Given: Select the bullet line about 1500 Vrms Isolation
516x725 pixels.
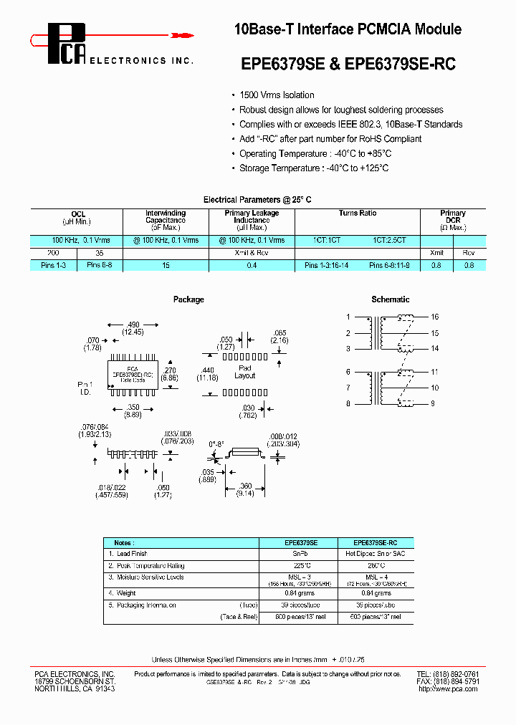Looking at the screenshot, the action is [x=277, y=95].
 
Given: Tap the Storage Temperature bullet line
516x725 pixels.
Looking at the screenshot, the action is [x=314, y=168].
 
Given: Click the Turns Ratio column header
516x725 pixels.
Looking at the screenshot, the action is [x=358, y=213].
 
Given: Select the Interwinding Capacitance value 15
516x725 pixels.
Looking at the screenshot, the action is [x=166, y=266].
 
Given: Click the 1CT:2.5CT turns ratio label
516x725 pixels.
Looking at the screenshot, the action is [x=389, y=241].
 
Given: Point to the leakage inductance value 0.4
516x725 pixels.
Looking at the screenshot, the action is [x=252, y=266].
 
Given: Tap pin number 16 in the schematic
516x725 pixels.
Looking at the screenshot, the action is [x=434, y=317].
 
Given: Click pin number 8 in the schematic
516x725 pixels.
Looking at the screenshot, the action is [x=348, y=404].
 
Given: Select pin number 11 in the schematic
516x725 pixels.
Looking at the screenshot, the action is [x=434, y=372].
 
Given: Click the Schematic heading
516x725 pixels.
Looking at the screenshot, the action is [x=391, y=299].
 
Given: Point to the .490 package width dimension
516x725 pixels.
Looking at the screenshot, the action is [x=133, y=325].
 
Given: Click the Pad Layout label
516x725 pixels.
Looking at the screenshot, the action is [x=245, y=372].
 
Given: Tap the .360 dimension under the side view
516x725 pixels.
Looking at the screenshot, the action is [x=244, y=486].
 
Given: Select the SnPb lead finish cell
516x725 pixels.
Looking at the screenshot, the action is [x=301, y=554].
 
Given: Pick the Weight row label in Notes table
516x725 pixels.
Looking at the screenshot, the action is [x=126, y=593].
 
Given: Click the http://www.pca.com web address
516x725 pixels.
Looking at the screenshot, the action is [x=447, y=688].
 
